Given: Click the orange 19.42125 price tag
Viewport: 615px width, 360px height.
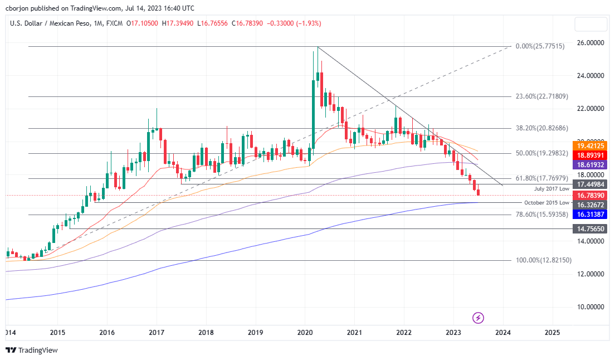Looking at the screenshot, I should pyautogui.click(x=590, y=145).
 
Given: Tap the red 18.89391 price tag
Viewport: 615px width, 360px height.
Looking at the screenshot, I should pyautogui.click(x=590, y=155).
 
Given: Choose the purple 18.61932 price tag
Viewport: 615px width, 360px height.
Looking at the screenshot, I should pyautogui.click(x=590, y=166).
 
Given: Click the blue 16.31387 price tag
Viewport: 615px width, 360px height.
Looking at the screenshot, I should pyautogui.click(x=590, y=214).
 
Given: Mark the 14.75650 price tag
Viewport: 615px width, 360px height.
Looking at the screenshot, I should pyautogui.click(x=590, y=228).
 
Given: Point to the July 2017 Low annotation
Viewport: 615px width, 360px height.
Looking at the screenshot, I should pyautogui.click(x=551, y=189).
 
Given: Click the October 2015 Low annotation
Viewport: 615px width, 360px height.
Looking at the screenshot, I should pyautogui.click(x=546, y=203).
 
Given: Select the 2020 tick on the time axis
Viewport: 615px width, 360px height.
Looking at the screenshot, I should pyautogui.click(x=305, y=333).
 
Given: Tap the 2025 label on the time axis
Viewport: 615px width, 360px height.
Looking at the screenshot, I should pyautogui.click(x=552, y=333).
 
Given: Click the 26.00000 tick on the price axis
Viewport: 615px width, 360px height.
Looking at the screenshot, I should pyautogui.click(x=590, y=42).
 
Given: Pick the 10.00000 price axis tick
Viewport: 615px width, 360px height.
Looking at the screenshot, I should pyautogui.click(x=590, y=307).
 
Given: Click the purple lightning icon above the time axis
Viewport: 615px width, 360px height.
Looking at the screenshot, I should pyautogui.click(x=478, y=318).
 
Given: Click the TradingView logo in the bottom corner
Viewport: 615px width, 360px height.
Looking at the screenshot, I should pyautogui.click(x=32, y=351).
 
